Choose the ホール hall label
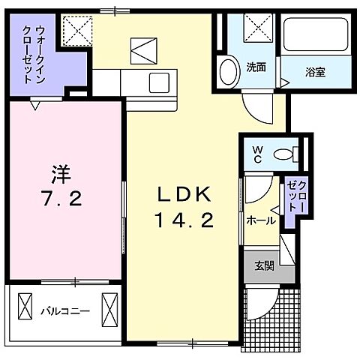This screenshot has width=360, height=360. [260, 220]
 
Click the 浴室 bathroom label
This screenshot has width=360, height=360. [314, 73]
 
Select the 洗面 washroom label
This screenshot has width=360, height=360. [256, 67]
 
